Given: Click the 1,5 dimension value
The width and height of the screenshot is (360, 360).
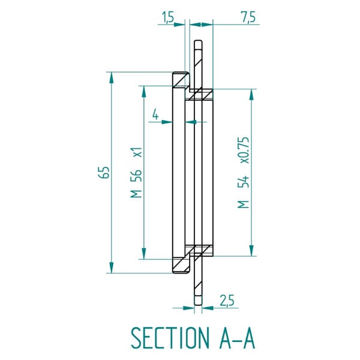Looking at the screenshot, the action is pos(168,17).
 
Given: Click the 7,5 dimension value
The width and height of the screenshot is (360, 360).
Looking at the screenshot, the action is pos(249,17).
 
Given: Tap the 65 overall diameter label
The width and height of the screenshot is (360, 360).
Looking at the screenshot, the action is pos(104,172).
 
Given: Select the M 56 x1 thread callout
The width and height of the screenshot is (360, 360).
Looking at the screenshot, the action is pos(136,172).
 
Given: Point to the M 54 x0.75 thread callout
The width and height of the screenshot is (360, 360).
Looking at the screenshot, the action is pos(243,173).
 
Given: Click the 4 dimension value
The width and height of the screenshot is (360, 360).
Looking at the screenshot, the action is pos(155,114).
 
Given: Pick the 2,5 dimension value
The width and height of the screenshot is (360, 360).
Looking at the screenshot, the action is pos(227,301).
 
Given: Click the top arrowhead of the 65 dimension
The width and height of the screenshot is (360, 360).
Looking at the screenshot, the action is pos(112,77).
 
